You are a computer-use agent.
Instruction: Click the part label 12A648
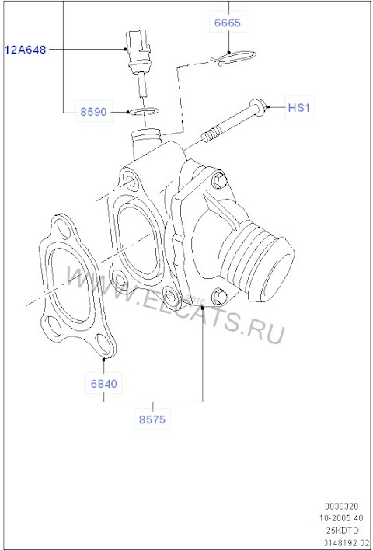coord(26,49)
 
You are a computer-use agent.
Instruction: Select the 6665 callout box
coord(228,23)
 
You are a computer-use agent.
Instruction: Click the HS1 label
coord(298,107)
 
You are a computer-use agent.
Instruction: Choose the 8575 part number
coord(152,419)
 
